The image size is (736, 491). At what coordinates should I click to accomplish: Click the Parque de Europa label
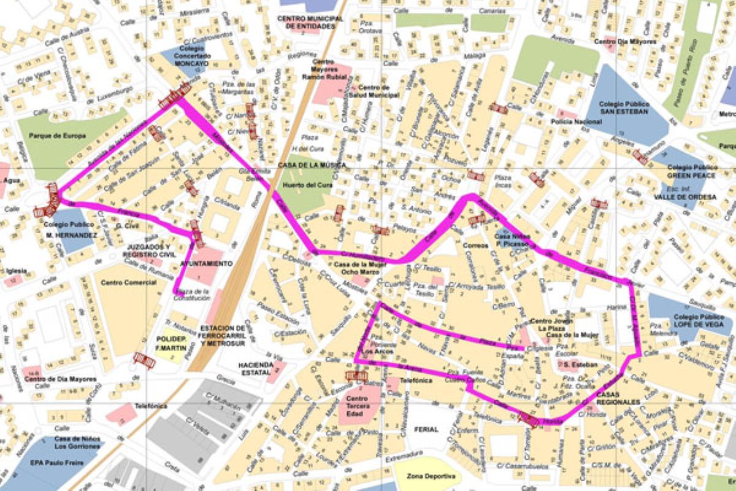61,136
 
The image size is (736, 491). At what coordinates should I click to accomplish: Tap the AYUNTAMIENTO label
206,263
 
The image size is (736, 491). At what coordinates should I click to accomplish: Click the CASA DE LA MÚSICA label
312,165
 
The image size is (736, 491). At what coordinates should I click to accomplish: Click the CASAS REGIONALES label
617,398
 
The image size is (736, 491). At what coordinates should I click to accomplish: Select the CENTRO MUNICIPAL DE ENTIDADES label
310,22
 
